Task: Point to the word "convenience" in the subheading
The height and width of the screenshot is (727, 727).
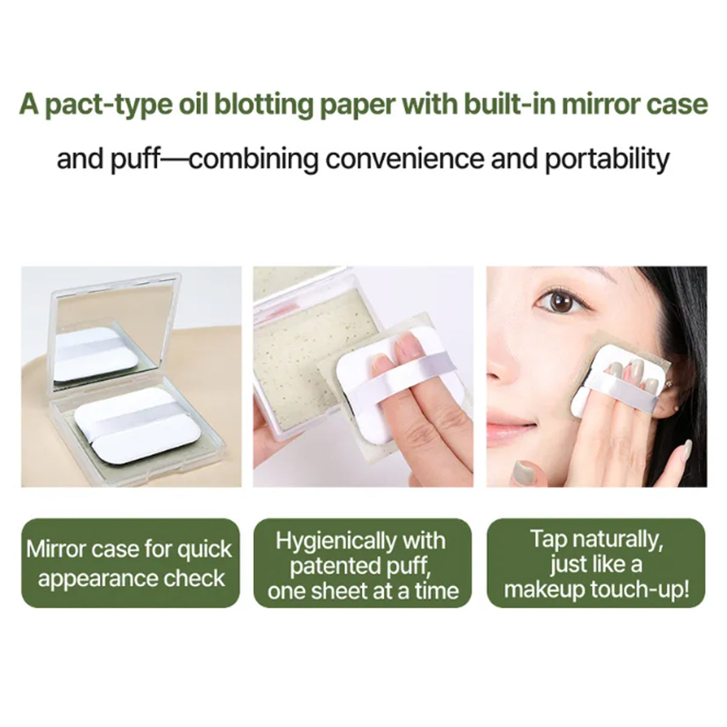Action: pyautogui.click(x=404, y=159)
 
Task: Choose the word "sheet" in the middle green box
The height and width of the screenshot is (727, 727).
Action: pyautogui.click(x=342, y=591)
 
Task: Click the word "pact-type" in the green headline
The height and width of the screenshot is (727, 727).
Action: pyautogui.click(x=108, y=104)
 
